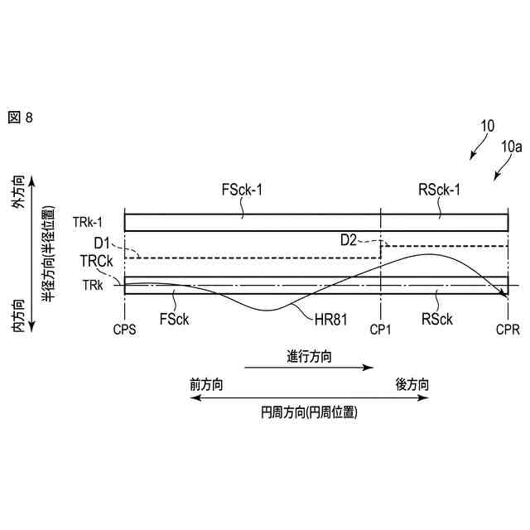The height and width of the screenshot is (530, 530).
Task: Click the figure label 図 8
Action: pos(20,118)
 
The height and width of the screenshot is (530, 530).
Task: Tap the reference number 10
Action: pos(487,127)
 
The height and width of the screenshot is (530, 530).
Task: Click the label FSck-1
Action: pos(242,190)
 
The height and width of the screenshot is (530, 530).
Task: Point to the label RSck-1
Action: pos(440,190)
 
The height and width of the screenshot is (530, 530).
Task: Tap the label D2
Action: pos(349,240)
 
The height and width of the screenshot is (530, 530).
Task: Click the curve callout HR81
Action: pos(333,316)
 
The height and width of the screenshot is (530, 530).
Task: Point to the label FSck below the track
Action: pos(173,317)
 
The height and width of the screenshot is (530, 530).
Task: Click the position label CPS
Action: pos(124,329)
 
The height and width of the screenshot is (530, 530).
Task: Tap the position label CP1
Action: pos(381,329)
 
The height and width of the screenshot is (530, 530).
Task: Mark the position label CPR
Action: pos(508,329)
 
